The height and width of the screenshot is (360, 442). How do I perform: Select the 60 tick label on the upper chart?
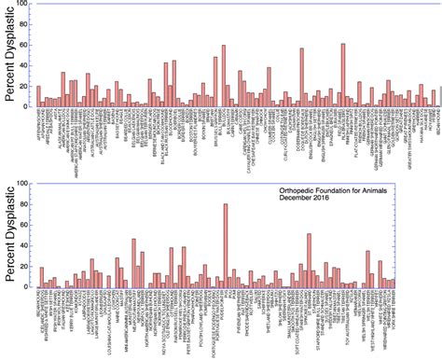27,45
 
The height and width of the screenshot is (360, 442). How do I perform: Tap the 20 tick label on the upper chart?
27,86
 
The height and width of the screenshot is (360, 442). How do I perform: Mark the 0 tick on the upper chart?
29,105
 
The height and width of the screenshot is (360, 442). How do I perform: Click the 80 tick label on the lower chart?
27,205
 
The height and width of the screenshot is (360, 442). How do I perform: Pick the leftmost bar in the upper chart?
38,96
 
